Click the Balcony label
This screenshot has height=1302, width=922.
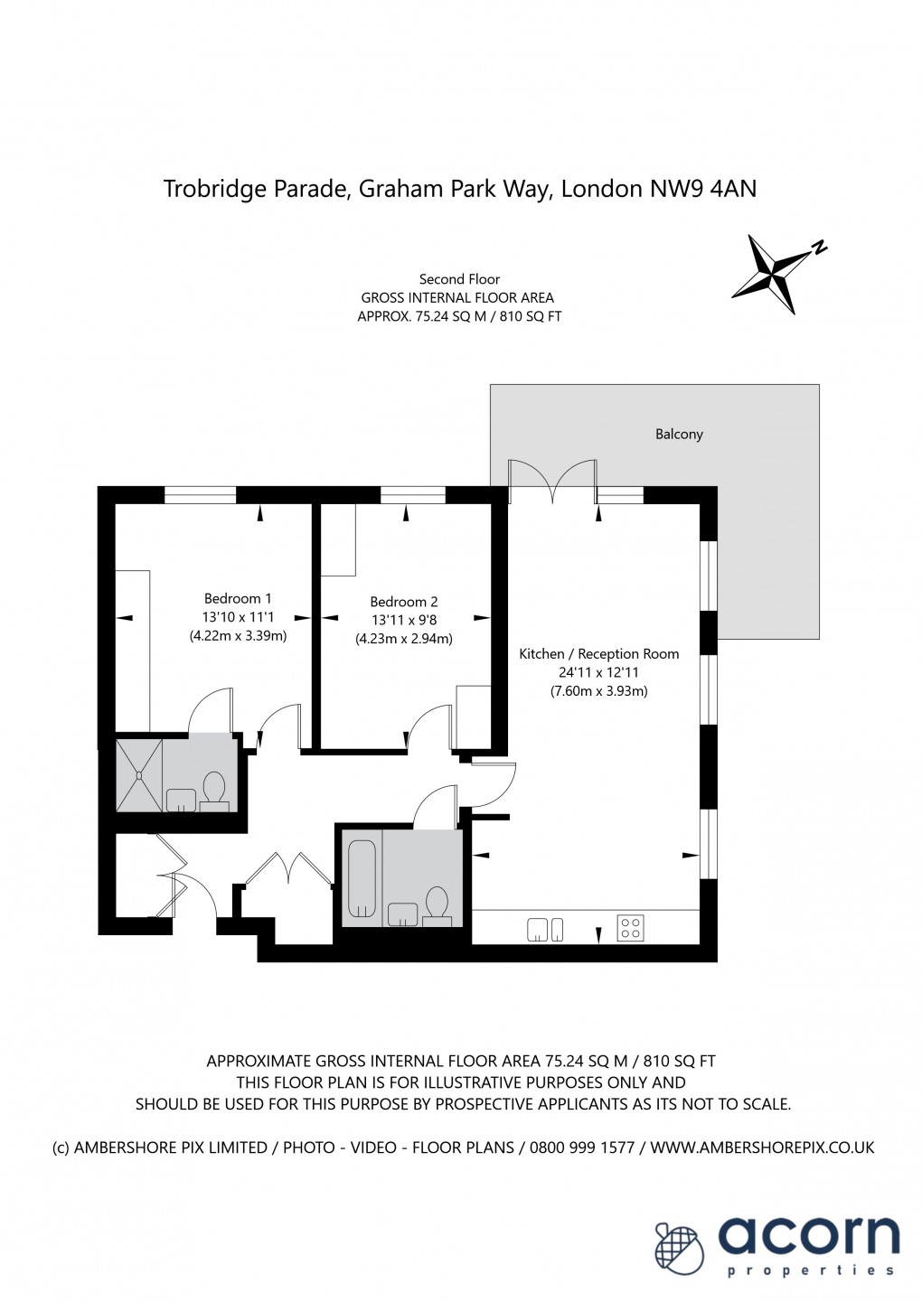point(678,435)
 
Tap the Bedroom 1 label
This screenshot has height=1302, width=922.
point(238,599)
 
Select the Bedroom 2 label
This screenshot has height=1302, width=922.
point(403,602)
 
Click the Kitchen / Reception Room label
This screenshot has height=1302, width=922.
point(598,654)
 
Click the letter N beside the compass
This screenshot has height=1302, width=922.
point(818,248)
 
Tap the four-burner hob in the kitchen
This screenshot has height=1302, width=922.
point(630,928)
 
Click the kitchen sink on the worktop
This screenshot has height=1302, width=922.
point(545,929)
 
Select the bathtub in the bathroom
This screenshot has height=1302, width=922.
point(362,878)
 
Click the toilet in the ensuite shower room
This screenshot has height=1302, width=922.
point(214,789)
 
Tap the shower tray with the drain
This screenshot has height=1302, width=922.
point(139,774)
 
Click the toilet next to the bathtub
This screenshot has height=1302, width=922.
point(437,904)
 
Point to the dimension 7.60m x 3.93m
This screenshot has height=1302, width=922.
point(598,691)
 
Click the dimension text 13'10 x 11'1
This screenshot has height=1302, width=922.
point(238,617)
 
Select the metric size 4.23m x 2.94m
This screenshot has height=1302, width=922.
point(403,639)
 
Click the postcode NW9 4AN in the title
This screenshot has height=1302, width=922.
point(703,189)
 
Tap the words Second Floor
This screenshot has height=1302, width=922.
point(459,279)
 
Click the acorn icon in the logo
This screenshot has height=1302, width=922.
point(679,1248)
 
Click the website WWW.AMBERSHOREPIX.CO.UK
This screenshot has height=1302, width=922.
point(762,1147)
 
